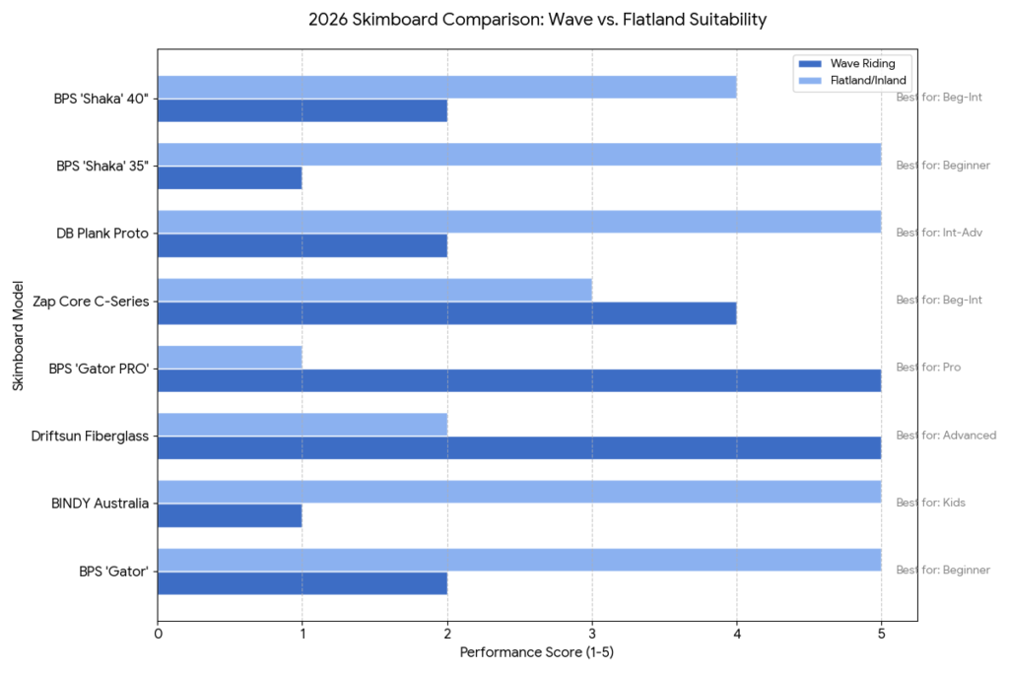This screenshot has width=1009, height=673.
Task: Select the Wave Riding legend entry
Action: (x=862, y=64)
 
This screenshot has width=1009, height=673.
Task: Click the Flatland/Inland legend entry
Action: (x=868, y=80)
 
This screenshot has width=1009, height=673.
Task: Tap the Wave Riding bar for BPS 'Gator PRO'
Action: (x=519, y=380)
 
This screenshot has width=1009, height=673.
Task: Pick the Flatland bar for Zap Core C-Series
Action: (x=374, y=290)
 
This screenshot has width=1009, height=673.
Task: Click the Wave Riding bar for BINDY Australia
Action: (x=230, y=515)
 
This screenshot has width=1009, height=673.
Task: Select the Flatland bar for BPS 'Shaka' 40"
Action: (x=446, y=87)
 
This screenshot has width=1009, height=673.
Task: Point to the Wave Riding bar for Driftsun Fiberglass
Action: (x=519, y=447)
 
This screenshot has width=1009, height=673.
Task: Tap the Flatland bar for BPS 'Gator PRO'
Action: (x=230, y=357)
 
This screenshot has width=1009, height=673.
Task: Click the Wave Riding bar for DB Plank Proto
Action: (x=303, y=245)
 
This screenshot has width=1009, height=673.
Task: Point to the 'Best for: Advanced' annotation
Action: (x=946, y=436)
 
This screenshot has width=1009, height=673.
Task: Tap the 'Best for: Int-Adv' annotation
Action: (x=939, y=233)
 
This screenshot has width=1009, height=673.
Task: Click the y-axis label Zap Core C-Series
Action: (x=91, y=301)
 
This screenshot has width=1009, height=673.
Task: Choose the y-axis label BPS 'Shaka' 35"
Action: (x=102, y=166)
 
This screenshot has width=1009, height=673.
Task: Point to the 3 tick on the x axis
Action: (x=592, y=635)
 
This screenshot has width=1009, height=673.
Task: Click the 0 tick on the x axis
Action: (x=158, y=635)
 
